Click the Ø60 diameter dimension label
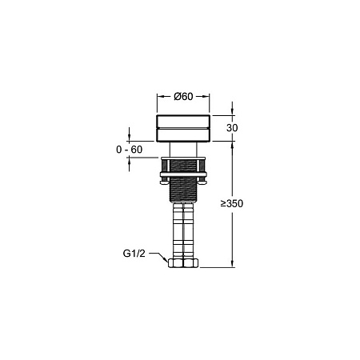[x=183, y=97]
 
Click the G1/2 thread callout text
[x=134, y=254]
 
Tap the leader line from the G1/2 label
[x=157, y=257]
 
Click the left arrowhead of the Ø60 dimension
[x=158, y=97]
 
